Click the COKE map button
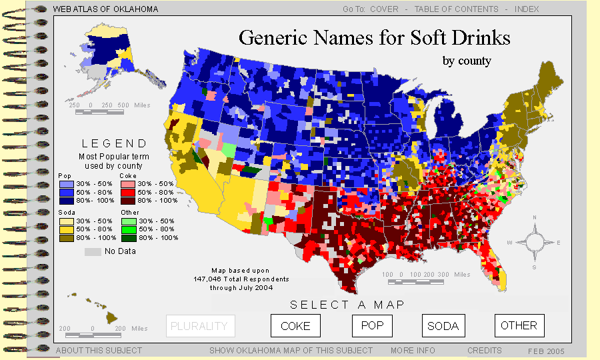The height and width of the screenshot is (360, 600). point(295,326)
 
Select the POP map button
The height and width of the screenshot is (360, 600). point(372,325)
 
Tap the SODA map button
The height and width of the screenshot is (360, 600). point(443,326)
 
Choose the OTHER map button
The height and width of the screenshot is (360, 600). point(519,325)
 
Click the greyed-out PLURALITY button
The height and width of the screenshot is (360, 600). point(200,326)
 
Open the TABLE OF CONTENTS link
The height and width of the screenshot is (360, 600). point(456,9)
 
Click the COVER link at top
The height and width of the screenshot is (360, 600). point(384,9)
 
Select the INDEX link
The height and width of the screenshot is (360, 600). point(527,9)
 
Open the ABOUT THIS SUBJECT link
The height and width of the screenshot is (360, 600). point(99,350)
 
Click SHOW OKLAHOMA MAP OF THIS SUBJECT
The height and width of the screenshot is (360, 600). point(291,350)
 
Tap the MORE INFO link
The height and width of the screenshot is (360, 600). point(413,350)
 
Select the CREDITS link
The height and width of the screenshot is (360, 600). point(485,350)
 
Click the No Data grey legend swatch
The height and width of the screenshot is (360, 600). point(93,251)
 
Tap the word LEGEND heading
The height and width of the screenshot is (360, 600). point(114,143)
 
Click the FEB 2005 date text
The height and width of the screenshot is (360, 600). point(546,351)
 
